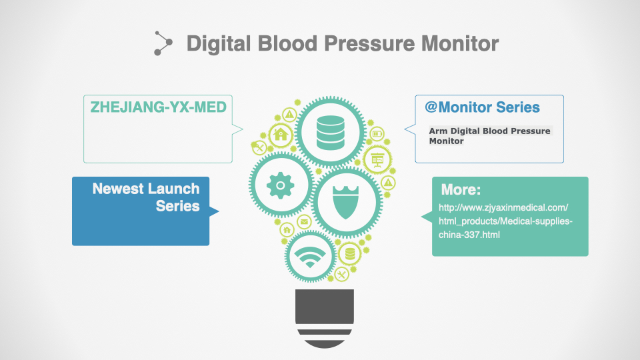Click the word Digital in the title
point(219,44)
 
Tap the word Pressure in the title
point(369,43)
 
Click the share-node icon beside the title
point(163,43)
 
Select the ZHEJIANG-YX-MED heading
point(159,107)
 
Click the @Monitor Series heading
point(482,107)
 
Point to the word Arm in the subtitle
point(438,131)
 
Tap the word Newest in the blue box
point(118,189)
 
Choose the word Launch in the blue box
point(173,189)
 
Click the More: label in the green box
point(461,189)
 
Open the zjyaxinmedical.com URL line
point(503,207)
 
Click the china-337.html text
point(469,235)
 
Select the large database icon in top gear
point(330,132)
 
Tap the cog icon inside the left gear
point(281,185)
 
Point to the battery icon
point(377,133)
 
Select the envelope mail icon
point(304,221)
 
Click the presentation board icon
point(377,159)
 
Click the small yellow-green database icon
point(350,254)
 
